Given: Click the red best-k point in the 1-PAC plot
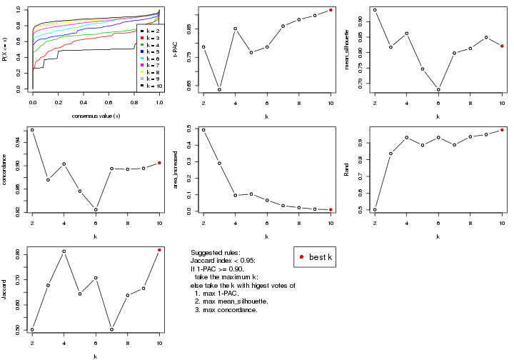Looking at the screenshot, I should tap(331, 10).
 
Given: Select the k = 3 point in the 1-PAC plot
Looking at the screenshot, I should tap(219, 89).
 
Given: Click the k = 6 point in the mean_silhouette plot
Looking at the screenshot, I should tap(438, 89).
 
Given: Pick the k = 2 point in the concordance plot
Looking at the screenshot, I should tap(32, 130).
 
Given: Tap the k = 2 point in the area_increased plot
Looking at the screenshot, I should tap(203, 130).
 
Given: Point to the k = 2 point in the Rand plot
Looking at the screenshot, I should tap(374, 209).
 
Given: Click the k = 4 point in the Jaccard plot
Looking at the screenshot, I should tap(64, 251).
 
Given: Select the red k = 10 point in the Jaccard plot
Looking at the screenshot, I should tap(160, 250).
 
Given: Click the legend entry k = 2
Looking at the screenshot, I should tap(148, 31).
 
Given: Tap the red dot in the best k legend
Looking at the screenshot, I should tap(303, 256).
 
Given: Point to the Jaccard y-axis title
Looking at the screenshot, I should tap(5, 289).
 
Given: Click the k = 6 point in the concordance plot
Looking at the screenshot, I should tap(96, 209).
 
